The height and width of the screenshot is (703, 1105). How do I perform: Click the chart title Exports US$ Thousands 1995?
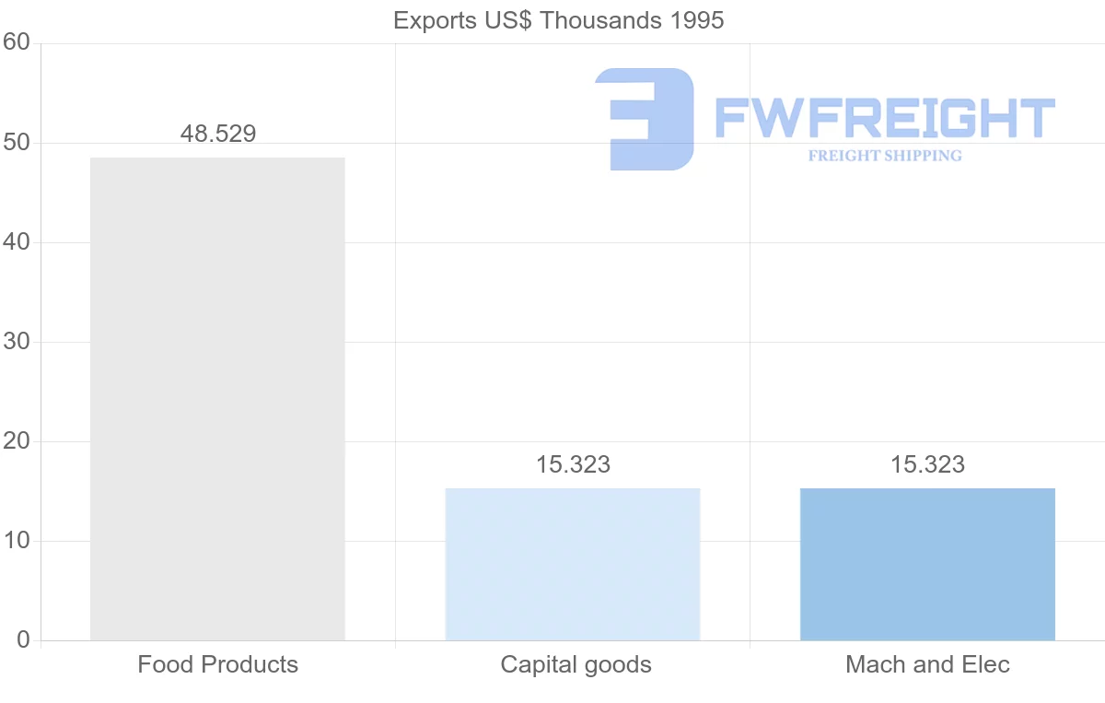point(558,20)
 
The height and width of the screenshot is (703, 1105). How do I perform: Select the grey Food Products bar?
point(217,398)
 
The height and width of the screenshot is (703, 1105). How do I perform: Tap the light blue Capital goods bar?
point(573,564)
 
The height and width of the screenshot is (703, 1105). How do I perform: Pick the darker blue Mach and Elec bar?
point(927,564)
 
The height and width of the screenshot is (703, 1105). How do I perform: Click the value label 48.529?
point(218,134)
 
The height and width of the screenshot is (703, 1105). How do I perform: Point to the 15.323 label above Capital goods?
point(573,464)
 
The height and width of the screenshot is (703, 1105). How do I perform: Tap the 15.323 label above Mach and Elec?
point(927,464)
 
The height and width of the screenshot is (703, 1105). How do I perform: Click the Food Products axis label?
point(218,664)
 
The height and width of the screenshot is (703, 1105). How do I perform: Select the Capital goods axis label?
point(576,664)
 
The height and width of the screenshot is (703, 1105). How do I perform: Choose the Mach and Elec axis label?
point(927,664)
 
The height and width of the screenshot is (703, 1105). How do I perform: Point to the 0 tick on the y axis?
point(23,640)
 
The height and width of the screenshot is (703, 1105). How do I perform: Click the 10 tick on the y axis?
point(17,541)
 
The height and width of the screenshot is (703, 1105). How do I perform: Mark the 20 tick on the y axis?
point(17,441)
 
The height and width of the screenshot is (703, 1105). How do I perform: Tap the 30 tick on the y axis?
point(17,342)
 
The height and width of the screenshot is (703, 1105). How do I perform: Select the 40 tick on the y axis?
point(17,242)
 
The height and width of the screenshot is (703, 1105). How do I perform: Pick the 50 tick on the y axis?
point(17,143)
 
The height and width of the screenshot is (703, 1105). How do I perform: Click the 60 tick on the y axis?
point(17,43)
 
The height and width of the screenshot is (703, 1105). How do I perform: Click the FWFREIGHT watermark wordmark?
point(884,118)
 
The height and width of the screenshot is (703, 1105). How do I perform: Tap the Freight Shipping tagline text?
point(884,156)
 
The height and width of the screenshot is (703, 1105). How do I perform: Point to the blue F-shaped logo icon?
point(645,119)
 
